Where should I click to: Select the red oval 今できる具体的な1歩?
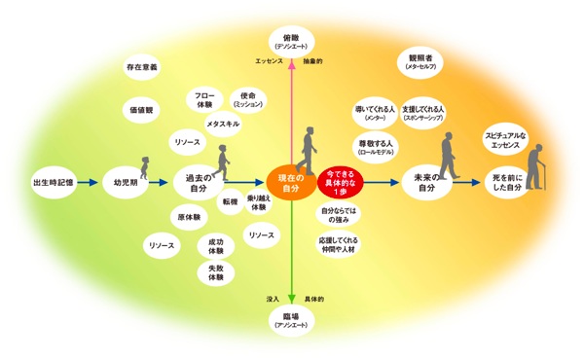click(343, 180)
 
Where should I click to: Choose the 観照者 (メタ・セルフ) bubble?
click(420, 62)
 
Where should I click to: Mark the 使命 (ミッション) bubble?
click(246, 99)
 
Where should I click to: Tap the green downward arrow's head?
click(293, 300)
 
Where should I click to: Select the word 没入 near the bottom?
click(273, 299)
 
